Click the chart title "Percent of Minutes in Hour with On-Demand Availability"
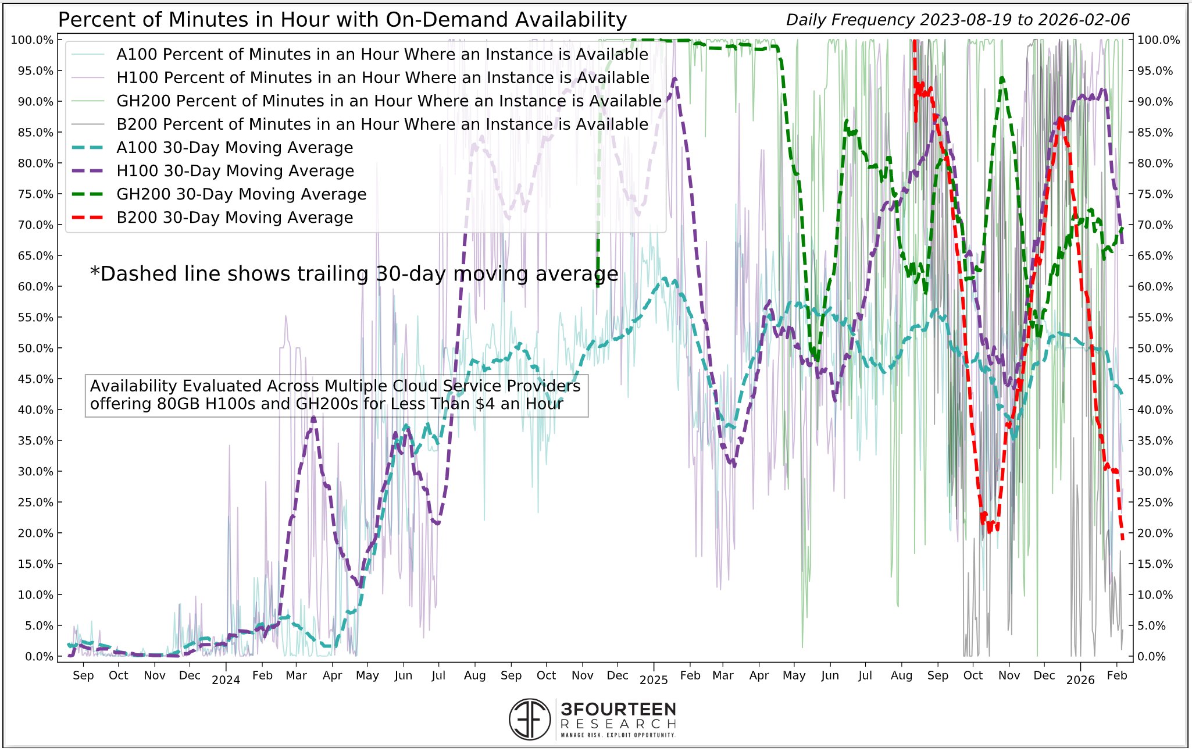point(342,20)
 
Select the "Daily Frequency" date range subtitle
point(957,20)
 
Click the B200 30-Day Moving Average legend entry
point(234,218)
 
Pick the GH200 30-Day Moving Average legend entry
point(241,194)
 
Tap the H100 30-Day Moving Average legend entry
point(235,171)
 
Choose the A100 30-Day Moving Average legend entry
point(234,148)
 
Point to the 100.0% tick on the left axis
point(32,40)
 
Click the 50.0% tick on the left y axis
point(34,348)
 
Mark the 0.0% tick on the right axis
point(1151,657)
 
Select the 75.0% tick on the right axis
point(1155,194)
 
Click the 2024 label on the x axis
point(226,680)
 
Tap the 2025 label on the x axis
point(654,680)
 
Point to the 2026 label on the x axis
point(1080,680)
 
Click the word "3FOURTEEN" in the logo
point(618,710)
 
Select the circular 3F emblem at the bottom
point(529,719)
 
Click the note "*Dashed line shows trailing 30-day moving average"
point(354,274)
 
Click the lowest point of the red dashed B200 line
point(1123,539)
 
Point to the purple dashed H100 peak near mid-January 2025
point(674,79)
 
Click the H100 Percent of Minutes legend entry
point(383,78)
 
